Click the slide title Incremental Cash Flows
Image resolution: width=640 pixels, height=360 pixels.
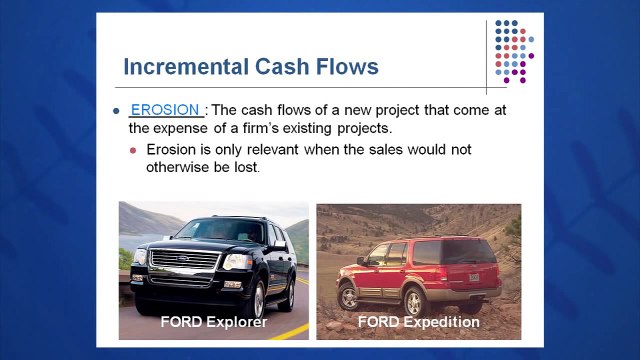(250, 67)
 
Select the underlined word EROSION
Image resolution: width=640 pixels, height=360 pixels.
(166, 110)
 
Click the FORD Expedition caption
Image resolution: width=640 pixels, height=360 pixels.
(418, 322)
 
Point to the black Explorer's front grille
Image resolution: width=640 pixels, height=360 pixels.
(185, 260)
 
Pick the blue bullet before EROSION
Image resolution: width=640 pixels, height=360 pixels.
(117, 111)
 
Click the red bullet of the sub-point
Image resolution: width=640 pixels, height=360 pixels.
(135, 150)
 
